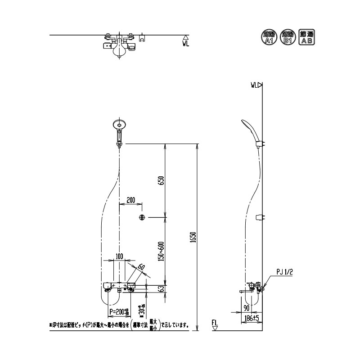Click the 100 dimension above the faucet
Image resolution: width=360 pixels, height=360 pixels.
[x=119, y=256]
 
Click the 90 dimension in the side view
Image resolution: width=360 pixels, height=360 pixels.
[x=246, y=308]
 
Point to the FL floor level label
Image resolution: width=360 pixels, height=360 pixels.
[x=215, y=322]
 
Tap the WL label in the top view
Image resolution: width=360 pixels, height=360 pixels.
[x=186, y=44]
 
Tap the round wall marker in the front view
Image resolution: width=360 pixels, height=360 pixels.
[x=142, y=218]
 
